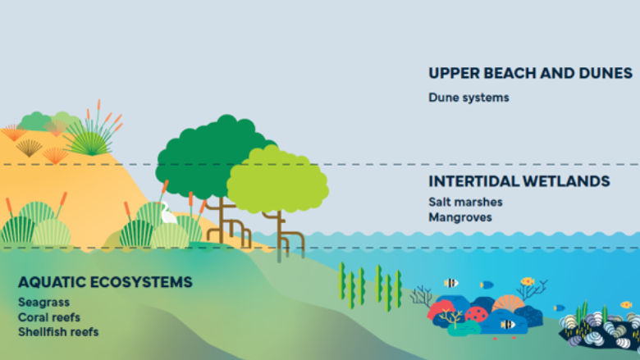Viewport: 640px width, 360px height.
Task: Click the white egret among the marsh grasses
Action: (x=167, y=215)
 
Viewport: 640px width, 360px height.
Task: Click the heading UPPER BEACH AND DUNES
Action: (x=530, y=73)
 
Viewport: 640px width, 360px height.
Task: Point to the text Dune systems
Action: (x=469, y=98)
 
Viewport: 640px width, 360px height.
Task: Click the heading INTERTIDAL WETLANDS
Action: (x=519, y=181)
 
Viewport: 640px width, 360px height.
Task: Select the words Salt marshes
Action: (x=465, y=202)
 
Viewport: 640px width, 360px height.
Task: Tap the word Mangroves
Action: (x=459, y=217)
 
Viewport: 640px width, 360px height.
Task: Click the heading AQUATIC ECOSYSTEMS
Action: (x=105, y=282)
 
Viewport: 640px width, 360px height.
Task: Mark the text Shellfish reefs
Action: (x=58, y=332)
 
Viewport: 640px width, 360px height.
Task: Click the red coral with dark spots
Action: (x=476, y=313)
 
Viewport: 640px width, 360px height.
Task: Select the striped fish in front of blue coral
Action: (x=508, y=325)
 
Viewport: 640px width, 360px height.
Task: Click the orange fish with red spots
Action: (x=527, y=281)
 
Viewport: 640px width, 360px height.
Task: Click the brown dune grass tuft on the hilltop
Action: (x=30, y=147)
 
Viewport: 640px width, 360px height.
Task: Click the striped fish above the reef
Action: (x=451, y=283)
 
